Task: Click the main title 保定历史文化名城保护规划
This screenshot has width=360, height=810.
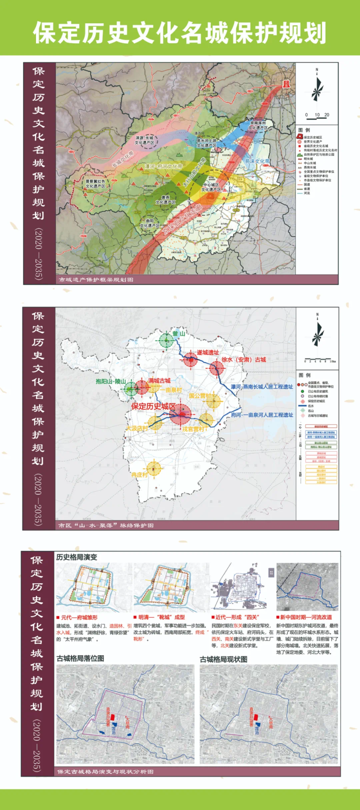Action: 180,33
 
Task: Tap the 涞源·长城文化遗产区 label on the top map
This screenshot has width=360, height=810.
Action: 144,140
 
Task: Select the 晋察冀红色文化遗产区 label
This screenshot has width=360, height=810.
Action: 95,184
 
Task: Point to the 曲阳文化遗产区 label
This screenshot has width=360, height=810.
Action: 150,223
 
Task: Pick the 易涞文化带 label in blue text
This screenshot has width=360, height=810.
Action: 256,161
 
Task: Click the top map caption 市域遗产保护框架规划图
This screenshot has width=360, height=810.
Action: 96,280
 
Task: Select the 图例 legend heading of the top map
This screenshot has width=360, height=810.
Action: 304,130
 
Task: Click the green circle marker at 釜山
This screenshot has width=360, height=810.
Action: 166,340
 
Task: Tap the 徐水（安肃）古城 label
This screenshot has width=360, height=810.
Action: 244,360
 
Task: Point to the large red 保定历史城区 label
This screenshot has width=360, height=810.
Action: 153,406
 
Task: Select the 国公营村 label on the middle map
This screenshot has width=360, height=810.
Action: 200,396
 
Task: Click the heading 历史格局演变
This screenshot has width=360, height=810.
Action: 76,557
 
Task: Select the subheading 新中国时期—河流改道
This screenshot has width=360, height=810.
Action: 305,617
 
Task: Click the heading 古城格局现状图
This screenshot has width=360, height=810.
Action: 223,659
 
